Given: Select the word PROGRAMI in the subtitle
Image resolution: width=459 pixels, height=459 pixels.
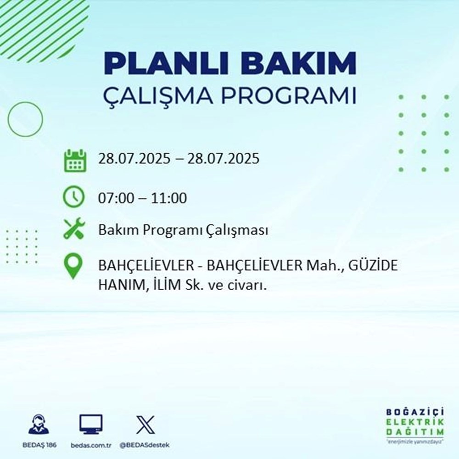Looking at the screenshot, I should point(289,97).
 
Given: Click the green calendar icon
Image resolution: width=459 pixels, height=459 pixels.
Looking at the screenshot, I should point(74,160).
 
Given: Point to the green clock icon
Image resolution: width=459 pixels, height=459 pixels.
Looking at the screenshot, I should point(74,198).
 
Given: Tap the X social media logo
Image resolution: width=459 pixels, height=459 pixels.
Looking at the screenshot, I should point(145,424).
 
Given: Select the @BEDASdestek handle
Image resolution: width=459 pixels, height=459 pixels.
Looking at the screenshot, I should point(146,446).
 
